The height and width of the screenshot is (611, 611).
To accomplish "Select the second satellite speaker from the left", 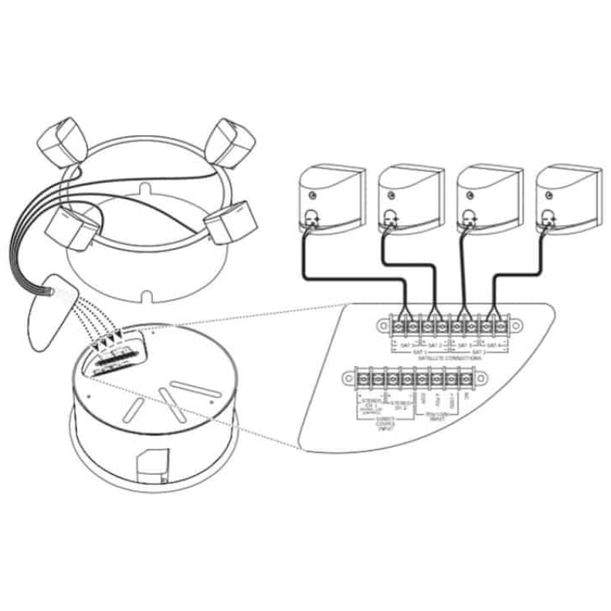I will coord(411,200).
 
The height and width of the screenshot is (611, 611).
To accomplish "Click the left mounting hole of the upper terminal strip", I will coord(380,325).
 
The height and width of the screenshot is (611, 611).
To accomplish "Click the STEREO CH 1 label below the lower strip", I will coord(370,407).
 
